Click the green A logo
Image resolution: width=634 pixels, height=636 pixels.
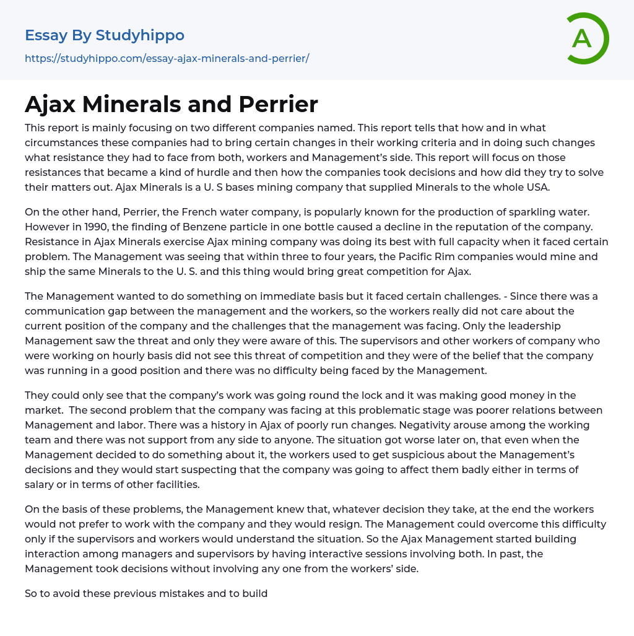tap(586, 38)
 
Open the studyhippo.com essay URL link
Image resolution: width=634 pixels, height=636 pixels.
tap(167, 58)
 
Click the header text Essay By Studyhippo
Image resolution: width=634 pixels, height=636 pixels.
tap(105, 35)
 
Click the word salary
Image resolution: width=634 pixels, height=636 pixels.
tap(40, 484)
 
